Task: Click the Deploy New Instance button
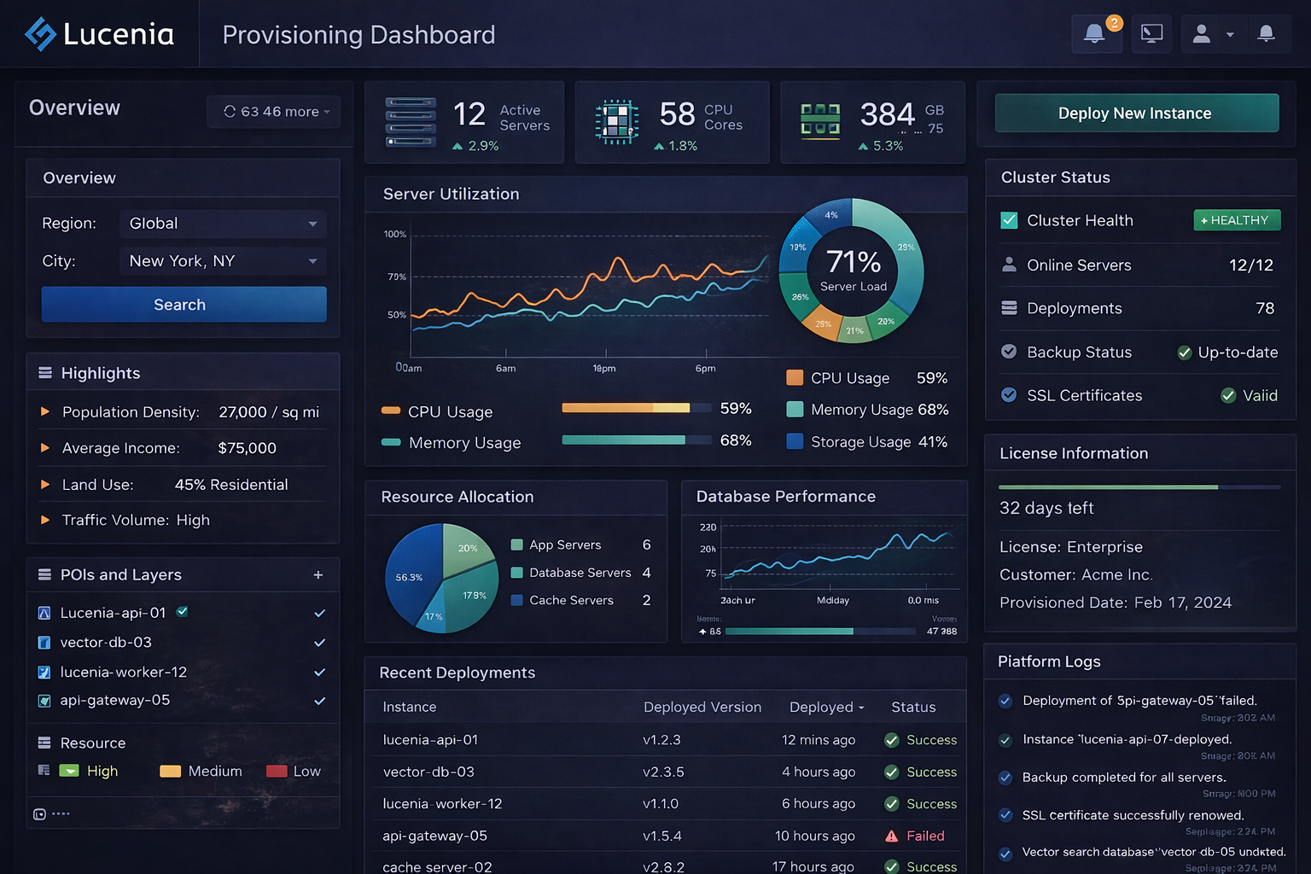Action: tap(1136, 114)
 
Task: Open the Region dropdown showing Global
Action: tap(223, 224)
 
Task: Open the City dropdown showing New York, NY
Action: tap(223, 261)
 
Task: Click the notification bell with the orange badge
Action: tap(1095, 34)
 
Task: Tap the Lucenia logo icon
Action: tap(40, 34)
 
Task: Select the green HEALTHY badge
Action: tap(1237, 220)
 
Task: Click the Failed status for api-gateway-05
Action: tap(924, 836)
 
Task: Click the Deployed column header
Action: tap(826, 708)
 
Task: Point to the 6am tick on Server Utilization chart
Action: tap(506, 368)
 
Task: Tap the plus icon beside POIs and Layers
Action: tap(318, 575)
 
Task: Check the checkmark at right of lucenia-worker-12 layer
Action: tap(319, 673)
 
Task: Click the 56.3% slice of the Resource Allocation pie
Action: tap(410, 577)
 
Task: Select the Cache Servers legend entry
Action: tap(571, 601)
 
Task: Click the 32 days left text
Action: tap(1046, 509)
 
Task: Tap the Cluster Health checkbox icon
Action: tap(1009, 221)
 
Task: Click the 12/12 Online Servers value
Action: tap(1250, 265)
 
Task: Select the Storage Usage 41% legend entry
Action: tap(867, 442)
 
